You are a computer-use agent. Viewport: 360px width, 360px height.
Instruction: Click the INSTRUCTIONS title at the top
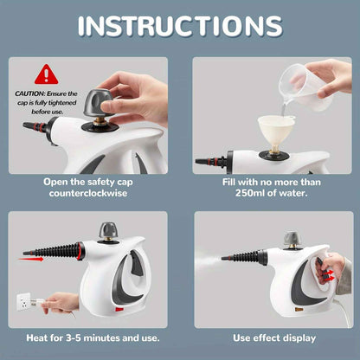tap(179, 25)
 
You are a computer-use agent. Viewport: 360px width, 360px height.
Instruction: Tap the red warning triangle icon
tap(47, 74)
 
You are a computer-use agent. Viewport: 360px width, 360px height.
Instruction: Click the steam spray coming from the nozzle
tap(206, 260)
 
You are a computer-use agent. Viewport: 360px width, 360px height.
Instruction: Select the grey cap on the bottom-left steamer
tap(111, 231)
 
